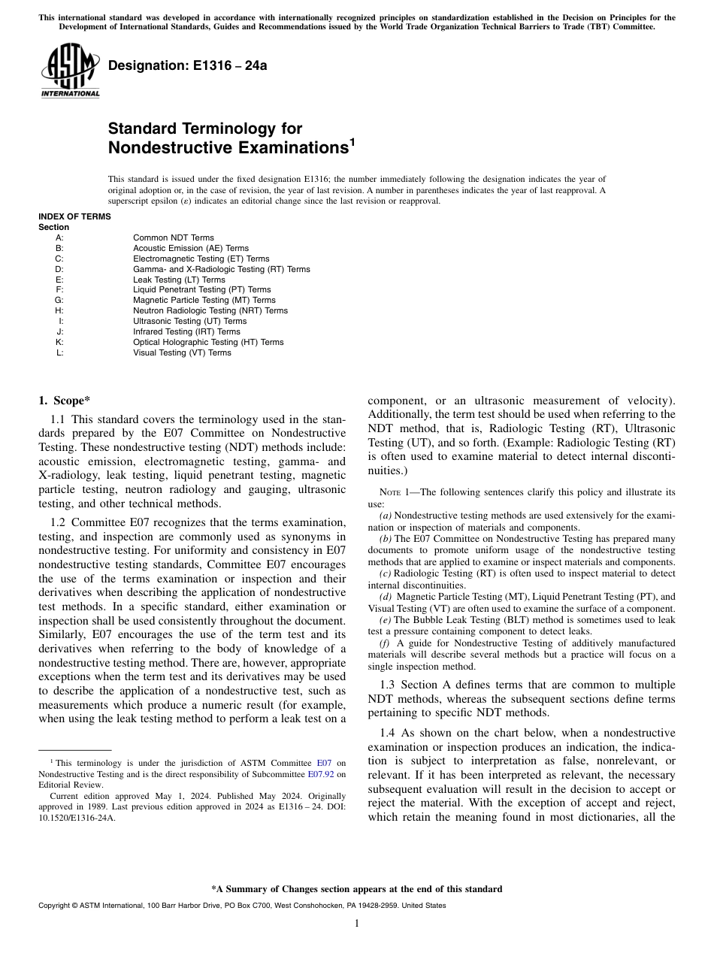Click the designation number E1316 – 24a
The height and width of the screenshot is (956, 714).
coord(187,65)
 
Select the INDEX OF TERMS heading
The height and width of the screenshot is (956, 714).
coord(74,216)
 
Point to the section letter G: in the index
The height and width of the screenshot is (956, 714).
coord(59,300)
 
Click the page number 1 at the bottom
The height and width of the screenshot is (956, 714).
coord(356,924)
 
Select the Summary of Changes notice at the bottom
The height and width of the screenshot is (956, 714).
coord(356,889)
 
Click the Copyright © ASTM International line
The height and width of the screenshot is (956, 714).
coord(241,906)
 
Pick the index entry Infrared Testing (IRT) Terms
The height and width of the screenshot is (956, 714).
coord(186,331)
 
